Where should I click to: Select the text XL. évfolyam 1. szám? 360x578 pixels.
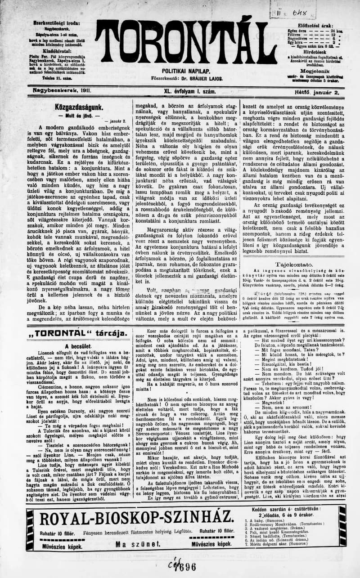(x=190, y=91)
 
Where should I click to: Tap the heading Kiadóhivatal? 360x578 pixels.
(x=55, y=51)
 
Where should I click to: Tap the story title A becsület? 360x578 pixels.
(x=78, y=346)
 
